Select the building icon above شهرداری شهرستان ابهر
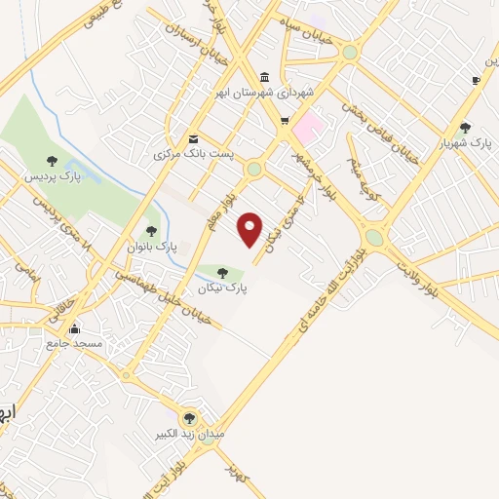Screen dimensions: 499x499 pos(264,78)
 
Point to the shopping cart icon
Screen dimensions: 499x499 pos(285,121)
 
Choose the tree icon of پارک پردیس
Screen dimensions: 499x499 pos(52,161)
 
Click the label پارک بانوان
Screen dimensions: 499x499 pos(147,247)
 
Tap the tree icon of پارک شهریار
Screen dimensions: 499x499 pos(465,127)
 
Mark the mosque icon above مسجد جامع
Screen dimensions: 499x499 pos(74,328)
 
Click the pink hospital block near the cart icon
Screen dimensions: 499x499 pos(309,128)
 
